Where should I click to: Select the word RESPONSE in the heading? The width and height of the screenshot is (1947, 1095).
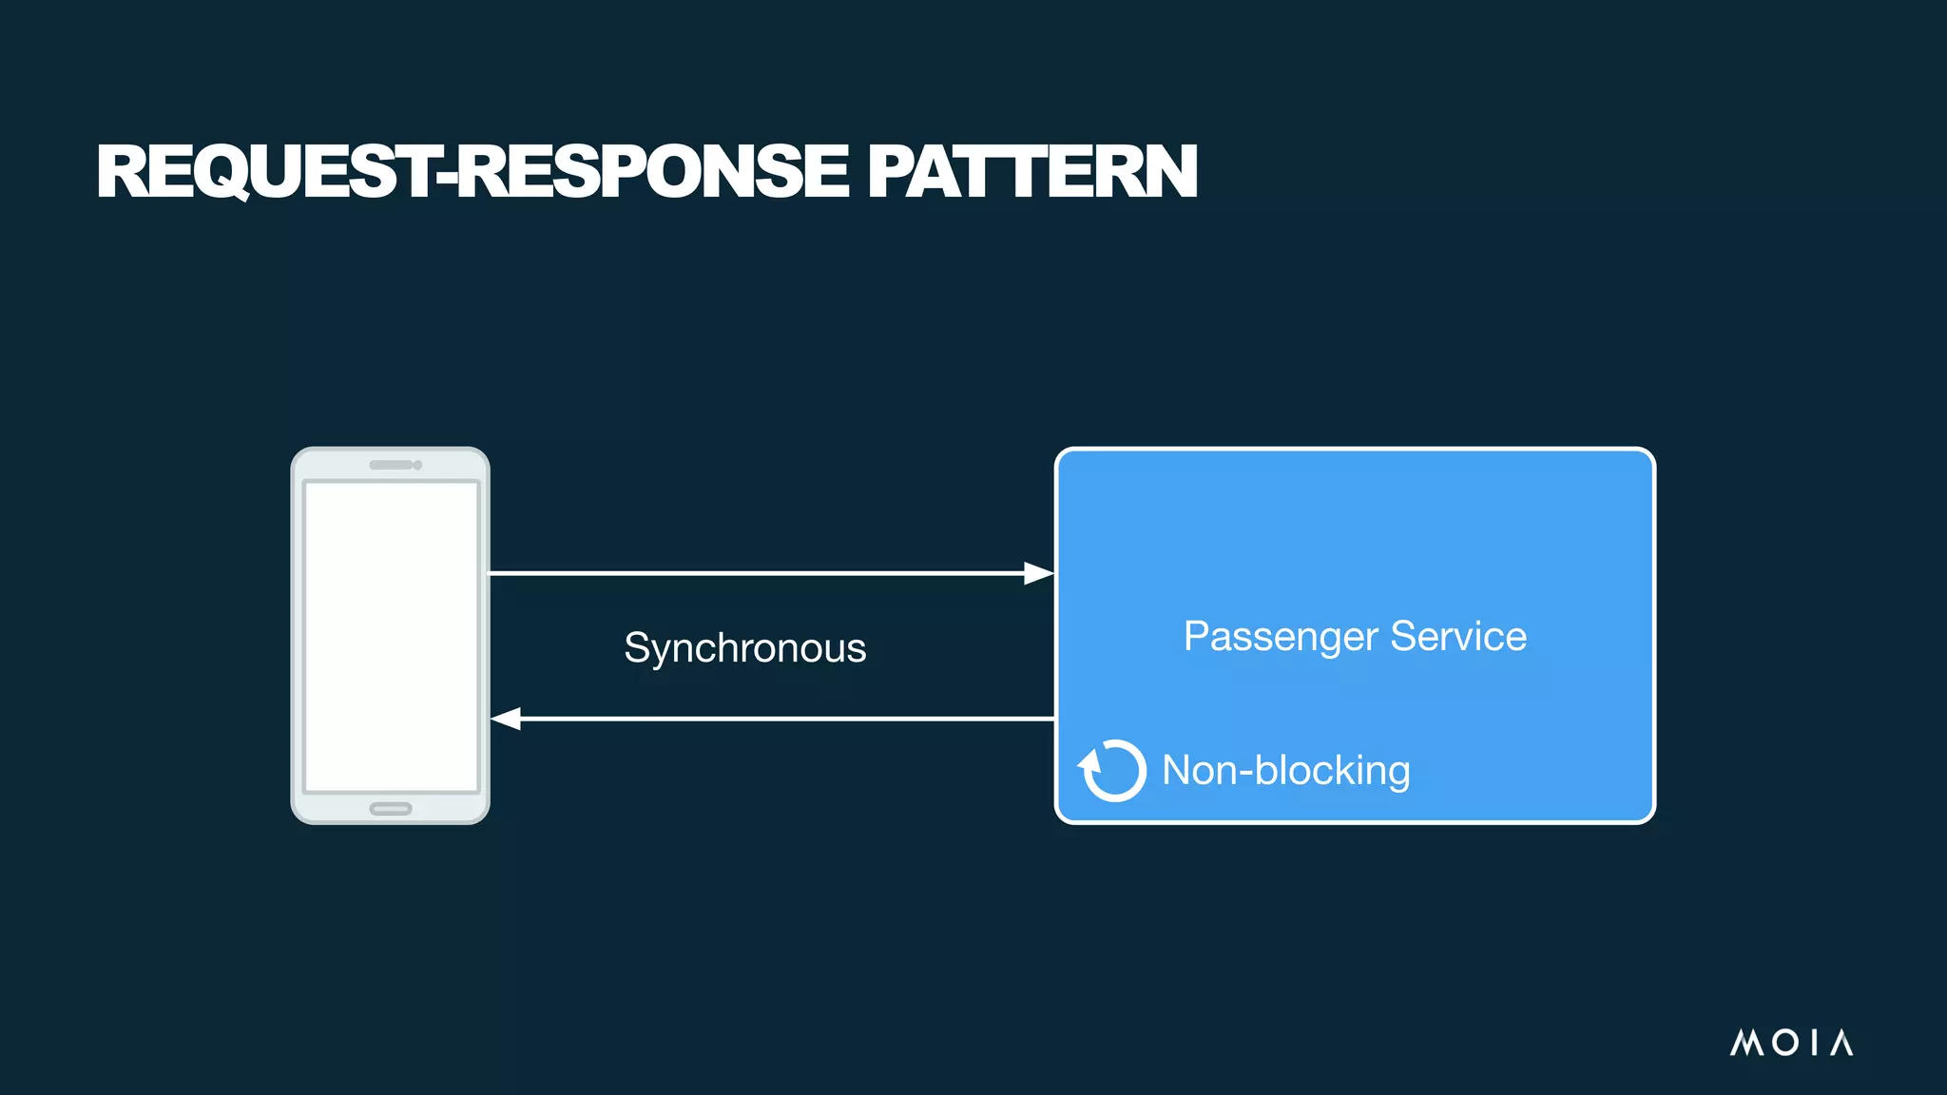pos(654,172)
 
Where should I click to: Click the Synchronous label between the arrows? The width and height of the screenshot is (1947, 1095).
pos(744,648)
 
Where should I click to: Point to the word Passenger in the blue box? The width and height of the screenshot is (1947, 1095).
pos(1280,637)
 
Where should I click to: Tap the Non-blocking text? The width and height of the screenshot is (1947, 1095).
pos(1285,770)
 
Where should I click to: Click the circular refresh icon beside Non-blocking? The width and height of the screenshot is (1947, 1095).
pos(1112,770)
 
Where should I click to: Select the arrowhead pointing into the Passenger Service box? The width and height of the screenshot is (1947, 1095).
pos(1038,573)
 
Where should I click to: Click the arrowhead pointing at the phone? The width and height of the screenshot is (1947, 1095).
pos(506,719)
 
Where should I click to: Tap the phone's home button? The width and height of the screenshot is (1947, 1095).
pos(390,809)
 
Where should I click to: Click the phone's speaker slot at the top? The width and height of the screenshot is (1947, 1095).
pos(392,465)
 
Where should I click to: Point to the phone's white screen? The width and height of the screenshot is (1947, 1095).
pos(391,635)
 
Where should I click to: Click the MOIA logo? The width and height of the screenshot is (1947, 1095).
pos(1791,1043)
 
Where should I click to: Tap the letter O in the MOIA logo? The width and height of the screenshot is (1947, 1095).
pos(1784,1043)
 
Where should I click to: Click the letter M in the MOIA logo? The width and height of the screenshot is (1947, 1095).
pos(1747,1043)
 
